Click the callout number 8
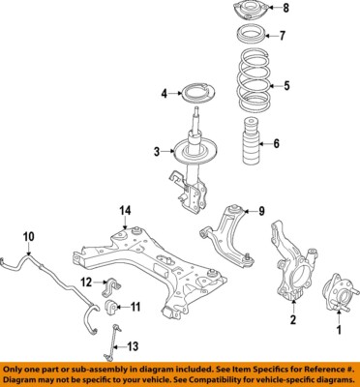[x=285, y=9]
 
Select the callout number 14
[x=124, y=211]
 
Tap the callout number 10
[x=28, y=235]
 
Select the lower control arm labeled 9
[x=226, y=237]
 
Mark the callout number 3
[x=155, y=151]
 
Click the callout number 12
[x=85, y=283]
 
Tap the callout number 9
[x=260, y=211]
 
